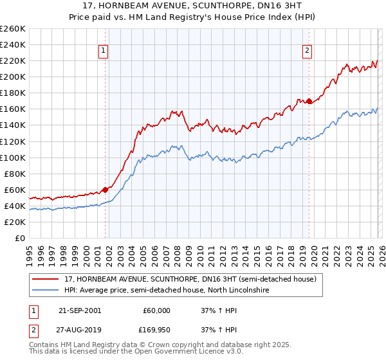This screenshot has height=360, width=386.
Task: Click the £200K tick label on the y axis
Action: pyautogui.click(x=13, y=76)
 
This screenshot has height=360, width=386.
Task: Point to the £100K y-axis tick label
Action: pyautogui.click(x=13, y=157)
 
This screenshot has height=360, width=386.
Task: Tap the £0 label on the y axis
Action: pyautogui.click(x=19, y=239)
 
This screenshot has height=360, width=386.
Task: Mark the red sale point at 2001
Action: pyautogui.click(x=105, y=190)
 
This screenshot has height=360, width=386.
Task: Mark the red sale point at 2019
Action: pyautogui.click(x=309, y=101)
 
